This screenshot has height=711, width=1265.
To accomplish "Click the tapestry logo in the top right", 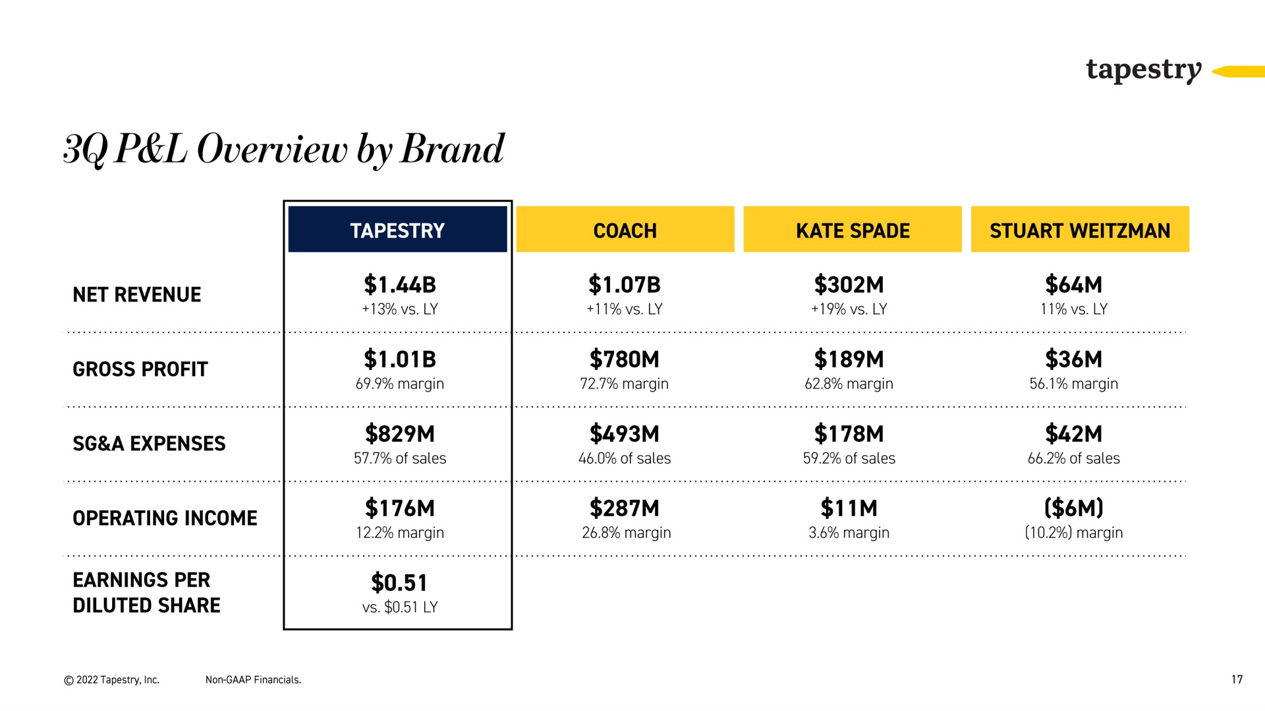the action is pos(1144,70).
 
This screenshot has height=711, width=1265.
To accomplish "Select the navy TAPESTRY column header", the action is pos(398,229).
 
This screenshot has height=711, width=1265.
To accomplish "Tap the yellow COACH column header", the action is pos(625,229).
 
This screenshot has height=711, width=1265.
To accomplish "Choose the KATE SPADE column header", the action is pos(853,229).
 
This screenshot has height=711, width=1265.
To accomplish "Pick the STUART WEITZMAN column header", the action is pos(1081,229).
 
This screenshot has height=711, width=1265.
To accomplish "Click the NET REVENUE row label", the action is pos(137,294).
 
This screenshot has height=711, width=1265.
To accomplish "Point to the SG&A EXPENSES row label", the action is pos(149,444).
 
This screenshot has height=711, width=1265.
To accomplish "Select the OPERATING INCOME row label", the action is pos(165,518).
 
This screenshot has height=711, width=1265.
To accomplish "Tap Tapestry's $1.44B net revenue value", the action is pos(400,285).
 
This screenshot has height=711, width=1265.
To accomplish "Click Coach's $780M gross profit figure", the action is pos(625,359).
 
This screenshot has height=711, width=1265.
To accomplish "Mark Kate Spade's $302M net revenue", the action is pos(849,285).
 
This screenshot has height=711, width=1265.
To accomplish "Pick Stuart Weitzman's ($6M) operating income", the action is pos(1074,508).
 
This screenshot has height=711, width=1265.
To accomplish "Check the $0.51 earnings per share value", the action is pos(400,583).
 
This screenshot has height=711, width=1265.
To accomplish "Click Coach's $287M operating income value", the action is pos(625,508).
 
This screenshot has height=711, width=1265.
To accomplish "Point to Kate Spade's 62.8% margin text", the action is pos(849,384).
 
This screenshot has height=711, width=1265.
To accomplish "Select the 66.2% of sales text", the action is pos(1074,458).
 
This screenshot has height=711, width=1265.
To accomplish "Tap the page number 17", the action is pos(1237,679).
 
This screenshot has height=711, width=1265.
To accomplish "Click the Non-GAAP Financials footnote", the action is pos(253,680).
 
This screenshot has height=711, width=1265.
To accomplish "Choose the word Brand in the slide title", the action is pos(452,149).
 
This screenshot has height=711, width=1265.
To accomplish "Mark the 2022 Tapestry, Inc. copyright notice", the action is pos(111,680).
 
